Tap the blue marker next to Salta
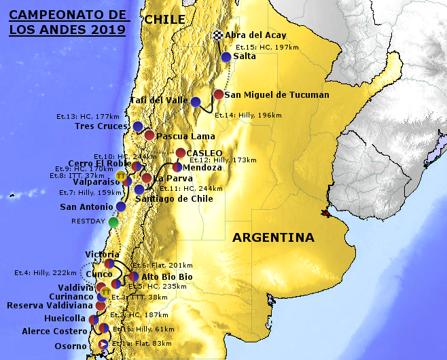pyautogui.click(x=226, y=57)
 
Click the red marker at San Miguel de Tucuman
pyautogui.click(x=219, y=94)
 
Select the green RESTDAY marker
pyautogui.click(x=113, y=221)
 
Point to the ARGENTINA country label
pyautogui.click(x=273, y=238)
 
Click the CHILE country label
pyautogui.click(x=164, y=20)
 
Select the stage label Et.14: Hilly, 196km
pyautogui.click(x=248, y=115)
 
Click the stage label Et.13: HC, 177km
pyautogui.click(x=92, y=116)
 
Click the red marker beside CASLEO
pyautogui.click(x=181, y=153)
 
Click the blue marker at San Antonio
pyautogui.click(x=121, y=206)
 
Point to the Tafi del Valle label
pyautogui.click(x=158, y=101)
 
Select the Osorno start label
pyautogui.click(x=71, y=346)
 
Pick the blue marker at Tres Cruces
pyautogui.click(x=138, y=126)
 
